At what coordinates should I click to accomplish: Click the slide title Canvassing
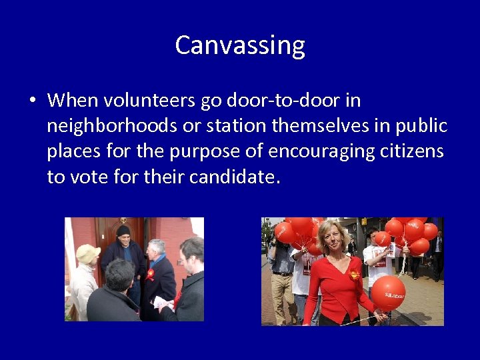pyautogui.click(x=240, y=45)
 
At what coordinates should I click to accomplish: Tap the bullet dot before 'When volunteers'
pyautogui.click(x=31, y=101)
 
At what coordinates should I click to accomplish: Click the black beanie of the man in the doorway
pyautogui.click(x=123, y=231)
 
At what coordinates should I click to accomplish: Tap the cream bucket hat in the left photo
pyautogui.click(x=87, y=253)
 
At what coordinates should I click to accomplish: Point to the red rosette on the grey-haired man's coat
pyautogui.click(x=151, y=274)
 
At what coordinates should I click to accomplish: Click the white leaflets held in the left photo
pyautogui.click(x=163, y=304)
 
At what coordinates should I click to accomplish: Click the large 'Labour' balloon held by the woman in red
pyautogui.click(x=388, y=293)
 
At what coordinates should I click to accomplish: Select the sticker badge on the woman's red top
pyautogui.click(x=354, y=274)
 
